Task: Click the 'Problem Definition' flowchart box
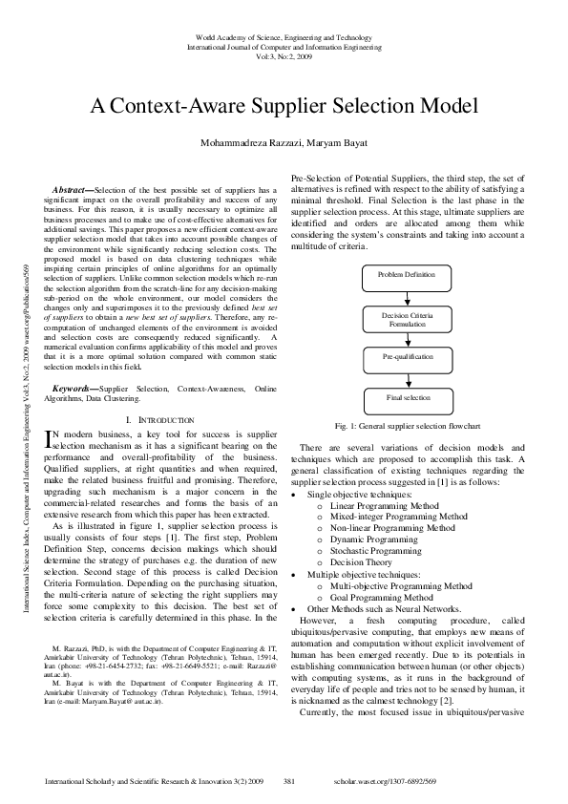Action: tap(406, 274)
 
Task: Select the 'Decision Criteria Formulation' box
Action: tap(406, 319)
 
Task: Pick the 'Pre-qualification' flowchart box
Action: tap(406, 355)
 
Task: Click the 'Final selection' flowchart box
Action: tap(406, 396)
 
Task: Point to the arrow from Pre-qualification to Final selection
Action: tap(406, 376)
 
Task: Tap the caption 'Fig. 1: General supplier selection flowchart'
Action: tap(406, 425)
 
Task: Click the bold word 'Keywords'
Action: tap(75, 390)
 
